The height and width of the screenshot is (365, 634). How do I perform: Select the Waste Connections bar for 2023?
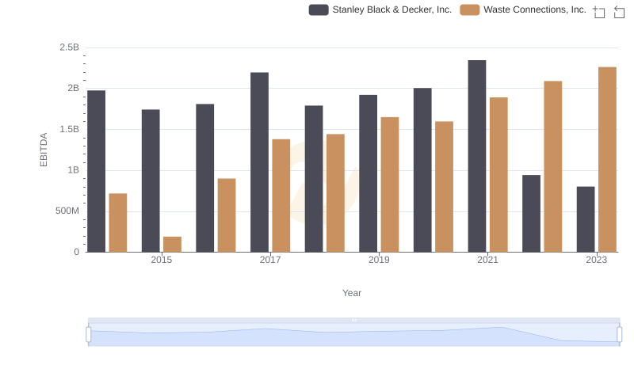[607, 159]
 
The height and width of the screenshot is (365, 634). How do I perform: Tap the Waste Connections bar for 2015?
[172, 244]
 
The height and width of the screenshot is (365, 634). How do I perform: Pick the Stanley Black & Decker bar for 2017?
[259, 162]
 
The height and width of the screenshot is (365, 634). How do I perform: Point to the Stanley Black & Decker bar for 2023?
[586, 219]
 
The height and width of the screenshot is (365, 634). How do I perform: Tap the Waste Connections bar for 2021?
[498, 174]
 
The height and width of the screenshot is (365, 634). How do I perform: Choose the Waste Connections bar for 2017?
[281, 196]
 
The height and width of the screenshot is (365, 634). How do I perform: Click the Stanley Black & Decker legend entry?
[380, 10]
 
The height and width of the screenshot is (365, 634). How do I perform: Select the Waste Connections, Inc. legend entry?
[524, 10]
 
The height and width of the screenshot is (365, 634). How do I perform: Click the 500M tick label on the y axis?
[66, 211]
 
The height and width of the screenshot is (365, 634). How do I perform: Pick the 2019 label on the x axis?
[379, 260]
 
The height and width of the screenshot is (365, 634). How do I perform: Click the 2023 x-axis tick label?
[596, 260]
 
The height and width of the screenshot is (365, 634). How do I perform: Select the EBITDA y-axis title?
[44, 150]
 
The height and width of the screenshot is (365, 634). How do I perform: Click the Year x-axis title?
[352, 293]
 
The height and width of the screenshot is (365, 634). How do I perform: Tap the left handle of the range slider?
[89, 335]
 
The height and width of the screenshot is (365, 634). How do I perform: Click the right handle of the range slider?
[620, 335]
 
